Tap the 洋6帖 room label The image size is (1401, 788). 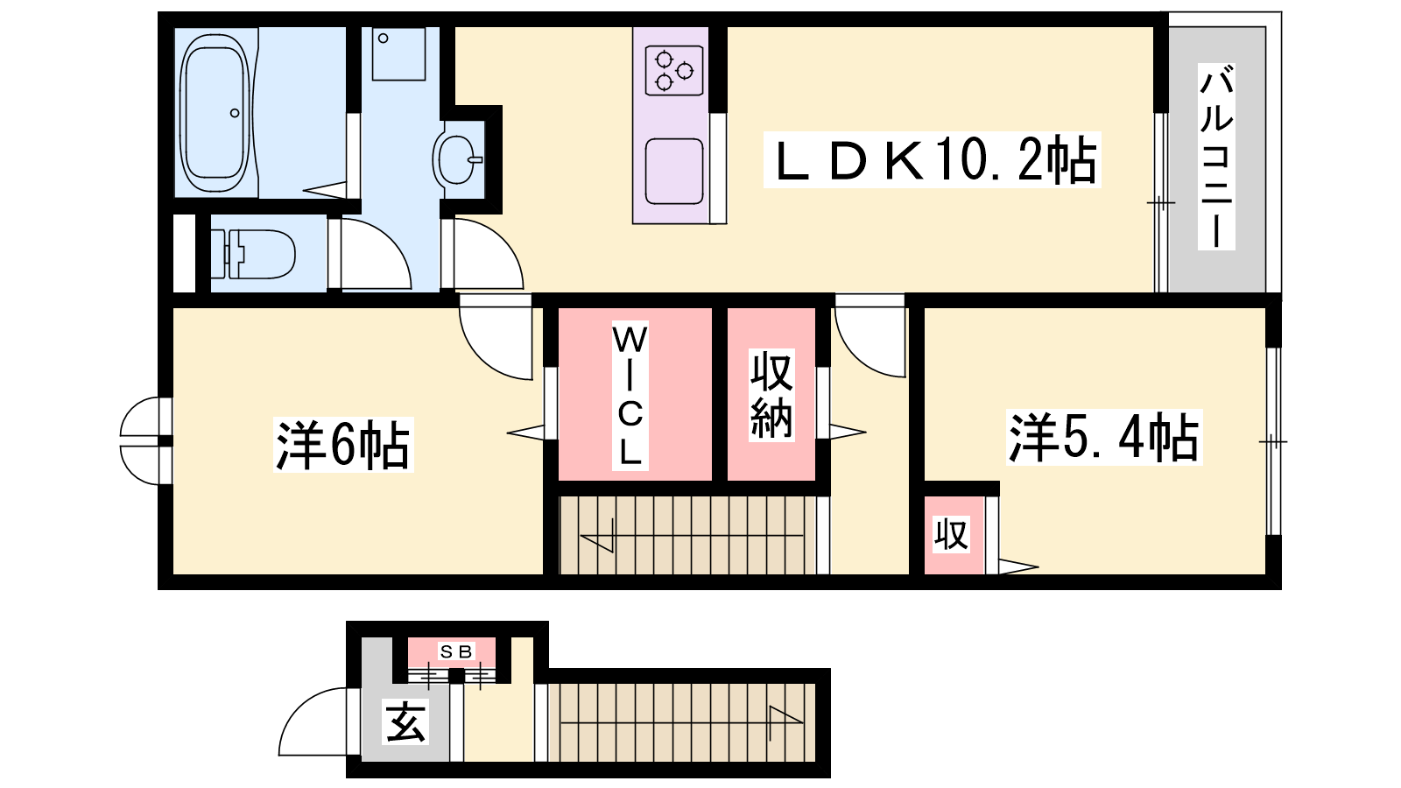pyautogui.click(x=342, y=445)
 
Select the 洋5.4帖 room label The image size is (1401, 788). pyautogui.click(x=1104, y=437)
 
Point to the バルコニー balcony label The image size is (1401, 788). pyautogui.click(x=1216, y=157)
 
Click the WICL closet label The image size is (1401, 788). pyautogui.click(x=630, y=396)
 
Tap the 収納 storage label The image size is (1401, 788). pyautogui.click(x=771, y=395)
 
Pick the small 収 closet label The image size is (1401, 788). pyautogui.click(x=951, y=534)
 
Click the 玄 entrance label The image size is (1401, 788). pyautogui.click(x=406, y=721)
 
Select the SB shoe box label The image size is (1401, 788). pyautogui.click(x=456, y=651)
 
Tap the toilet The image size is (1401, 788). pyautogui.click(x=253, y=254)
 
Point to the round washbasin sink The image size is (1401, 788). pyautogui.click(x=457, y=159)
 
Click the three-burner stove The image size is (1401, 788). pyautogui.click(x=674, y=71)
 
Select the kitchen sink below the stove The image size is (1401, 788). pyautogui.click(x=674, y=172)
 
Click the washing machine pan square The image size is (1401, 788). pyautogui.click(x=398, y=53)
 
